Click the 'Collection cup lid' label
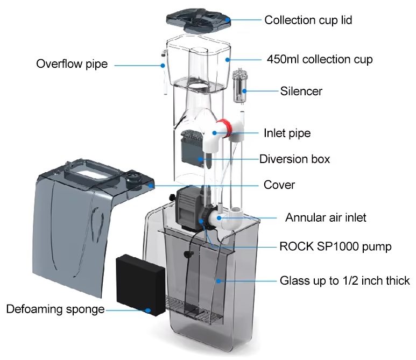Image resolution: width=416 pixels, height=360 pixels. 308,20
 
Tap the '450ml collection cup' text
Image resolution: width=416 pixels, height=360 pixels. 320,59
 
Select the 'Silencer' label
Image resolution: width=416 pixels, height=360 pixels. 301,91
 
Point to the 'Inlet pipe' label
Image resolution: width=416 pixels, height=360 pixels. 287,133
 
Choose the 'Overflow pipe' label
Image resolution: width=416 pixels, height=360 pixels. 72,64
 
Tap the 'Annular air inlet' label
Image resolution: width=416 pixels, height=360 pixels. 326,218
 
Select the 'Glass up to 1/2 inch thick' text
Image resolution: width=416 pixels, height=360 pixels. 344,281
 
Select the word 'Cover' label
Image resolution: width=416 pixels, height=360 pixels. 279,185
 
